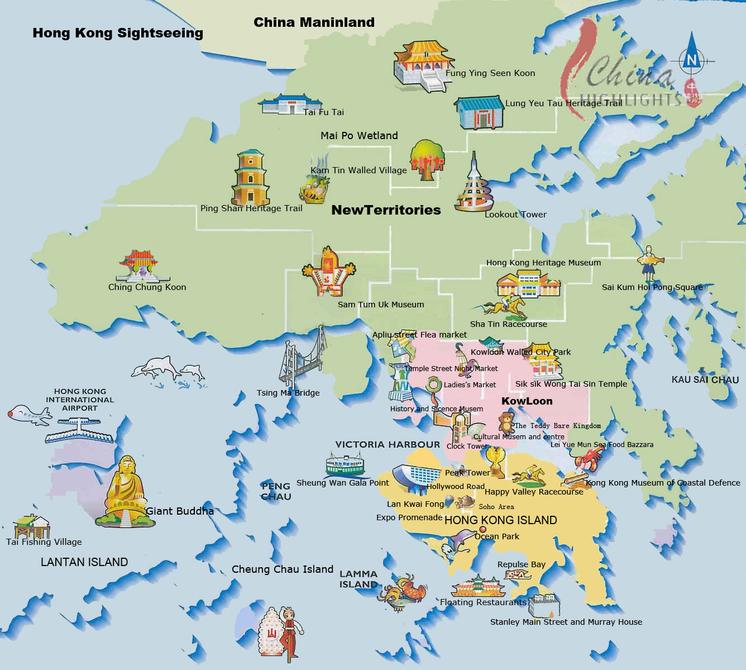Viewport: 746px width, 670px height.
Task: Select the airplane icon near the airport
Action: coord(28,414)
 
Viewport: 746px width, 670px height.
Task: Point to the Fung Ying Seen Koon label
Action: coord(490,73)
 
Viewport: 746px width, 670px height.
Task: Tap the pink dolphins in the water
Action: coord(168,370)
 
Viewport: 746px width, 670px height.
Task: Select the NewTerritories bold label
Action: coord(386,210)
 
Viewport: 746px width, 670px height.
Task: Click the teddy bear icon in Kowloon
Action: coord(506,422)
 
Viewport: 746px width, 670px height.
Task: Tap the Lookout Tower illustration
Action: coord(474,184)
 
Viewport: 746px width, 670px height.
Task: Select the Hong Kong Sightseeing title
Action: coord(118,33)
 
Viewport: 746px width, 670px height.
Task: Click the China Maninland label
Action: coord(314,22)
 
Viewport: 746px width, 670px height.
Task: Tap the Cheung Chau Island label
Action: coord(282,569)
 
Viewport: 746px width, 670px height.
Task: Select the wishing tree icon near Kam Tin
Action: coord(427,159)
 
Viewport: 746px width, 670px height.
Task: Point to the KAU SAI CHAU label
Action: coord(705,380)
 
